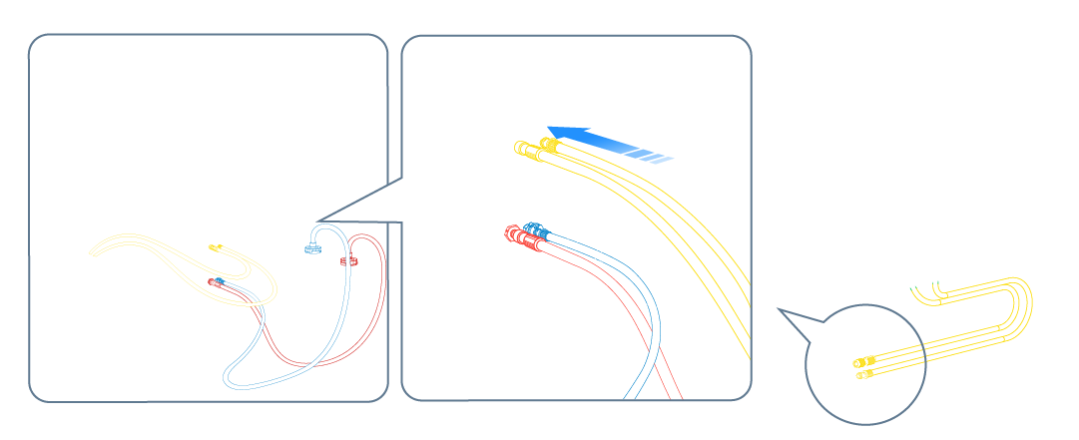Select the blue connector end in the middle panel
(x=535, y=229)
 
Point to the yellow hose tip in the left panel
(x=215, y=247)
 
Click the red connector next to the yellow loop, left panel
(x=214, y=283)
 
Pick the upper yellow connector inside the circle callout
(x=864, y=360)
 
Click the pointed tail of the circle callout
(x=781, y=311)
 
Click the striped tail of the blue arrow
(x=660, y=157)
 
